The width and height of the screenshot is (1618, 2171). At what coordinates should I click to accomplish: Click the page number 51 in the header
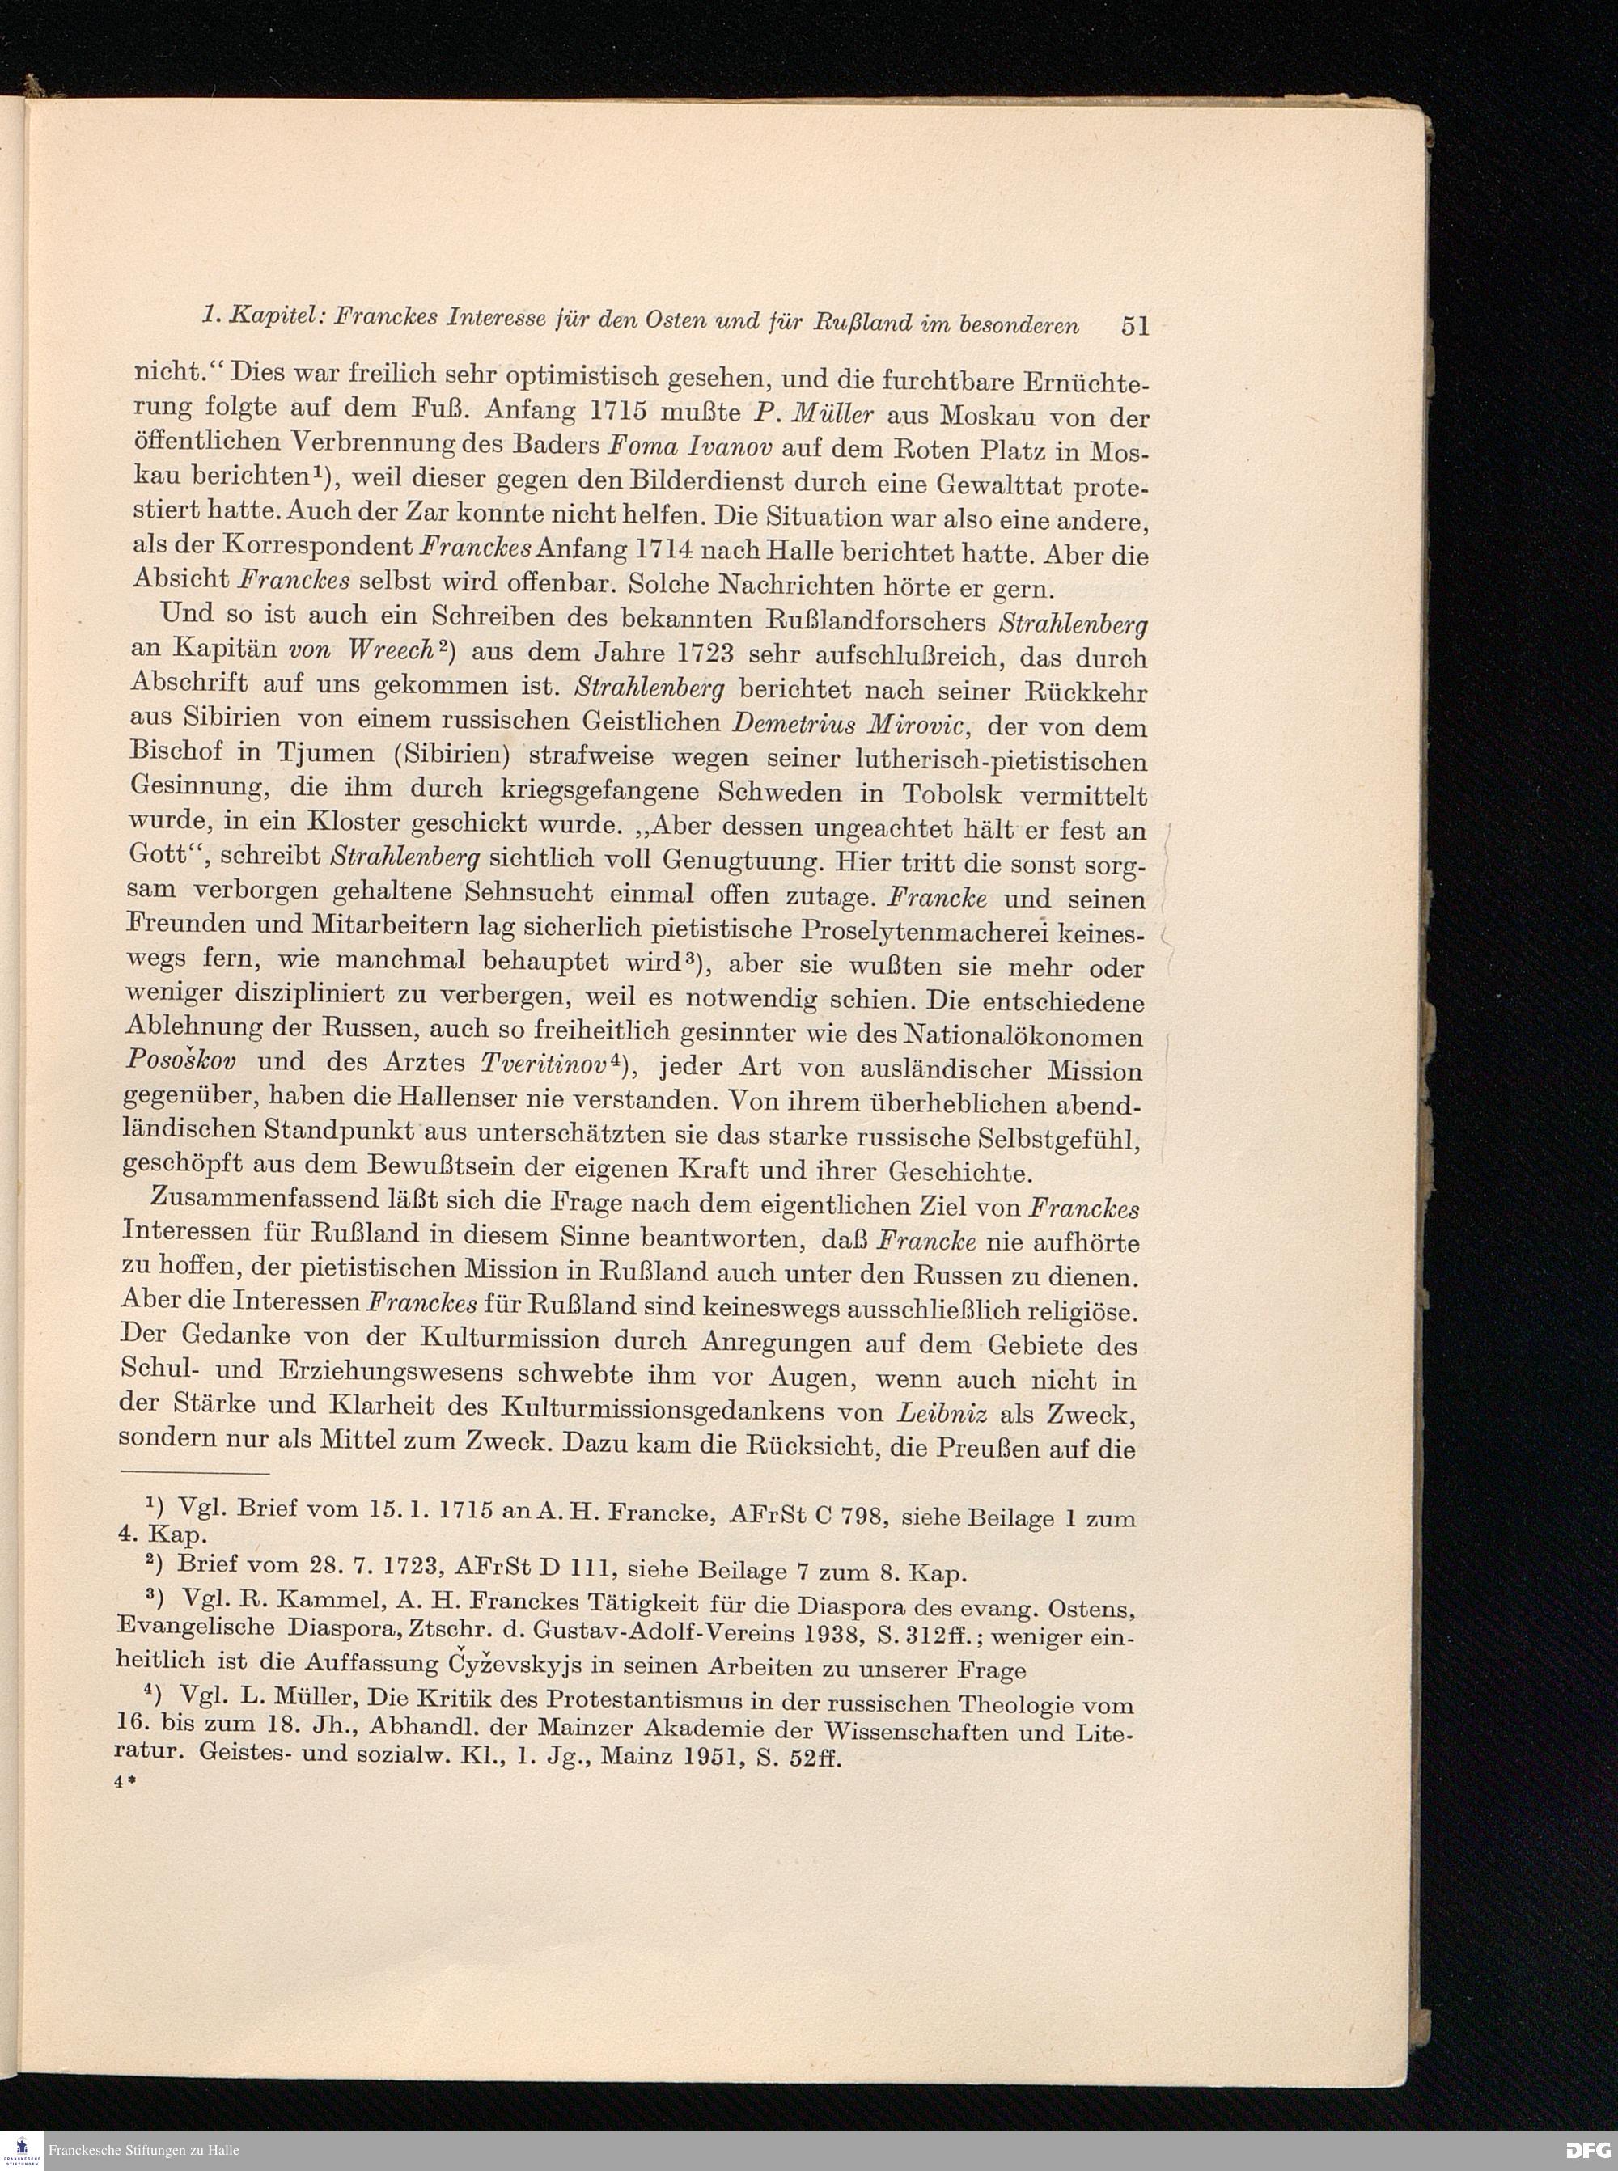[1134, 325]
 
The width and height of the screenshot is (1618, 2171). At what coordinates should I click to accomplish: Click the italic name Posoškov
[187, 1061]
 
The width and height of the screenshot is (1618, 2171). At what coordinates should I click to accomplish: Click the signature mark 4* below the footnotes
[124, 1784]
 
